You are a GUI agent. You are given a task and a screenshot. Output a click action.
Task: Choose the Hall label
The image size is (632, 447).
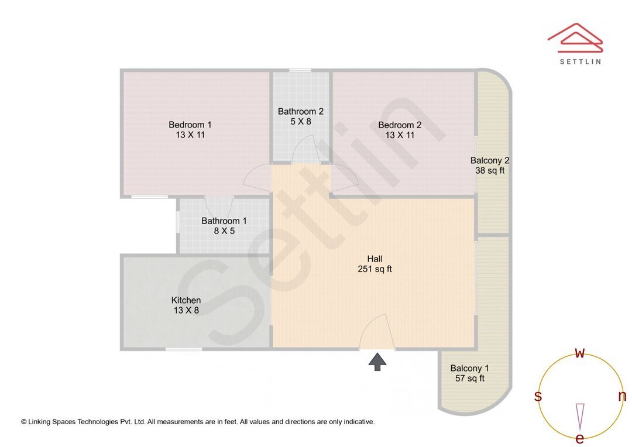pyautogui.click(x=375, y=259)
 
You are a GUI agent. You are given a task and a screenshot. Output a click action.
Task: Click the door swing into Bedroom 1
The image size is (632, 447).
pyautogui.click(x=257, y=178)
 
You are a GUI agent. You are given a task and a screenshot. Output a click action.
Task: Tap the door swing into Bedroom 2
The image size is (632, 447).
pyautogui.click(x=345, y=178)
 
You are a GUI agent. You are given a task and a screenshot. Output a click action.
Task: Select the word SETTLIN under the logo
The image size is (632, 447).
pyautogui.click(x=580, y=61)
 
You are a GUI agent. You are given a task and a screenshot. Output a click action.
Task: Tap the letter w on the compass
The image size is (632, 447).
pyautogui.click(x=580, y=353)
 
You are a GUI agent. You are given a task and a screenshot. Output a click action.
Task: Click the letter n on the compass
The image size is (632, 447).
pyautogui.click(x=622, y=396)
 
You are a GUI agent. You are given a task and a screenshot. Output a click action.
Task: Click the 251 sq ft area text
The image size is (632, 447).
pyautogui.click(x=375, y=269)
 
